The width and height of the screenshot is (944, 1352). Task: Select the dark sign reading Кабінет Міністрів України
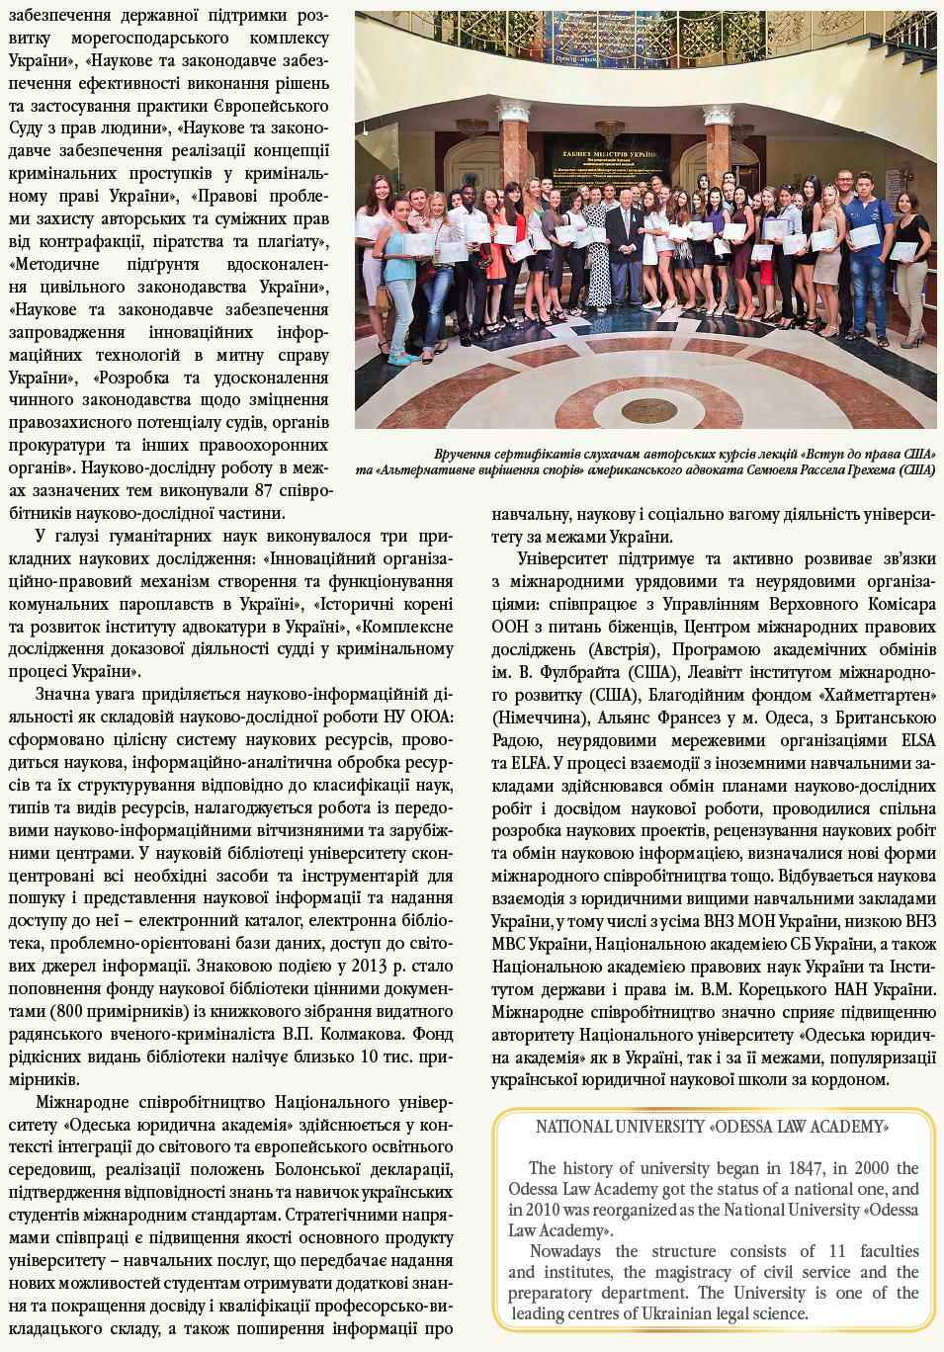[609, 155]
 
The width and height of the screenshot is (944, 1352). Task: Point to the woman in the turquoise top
[399, 262]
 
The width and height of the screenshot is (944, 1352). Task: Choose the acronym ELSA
[917, 740]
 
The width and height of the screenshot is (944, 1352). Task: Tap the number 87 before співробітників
[263, 490]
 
